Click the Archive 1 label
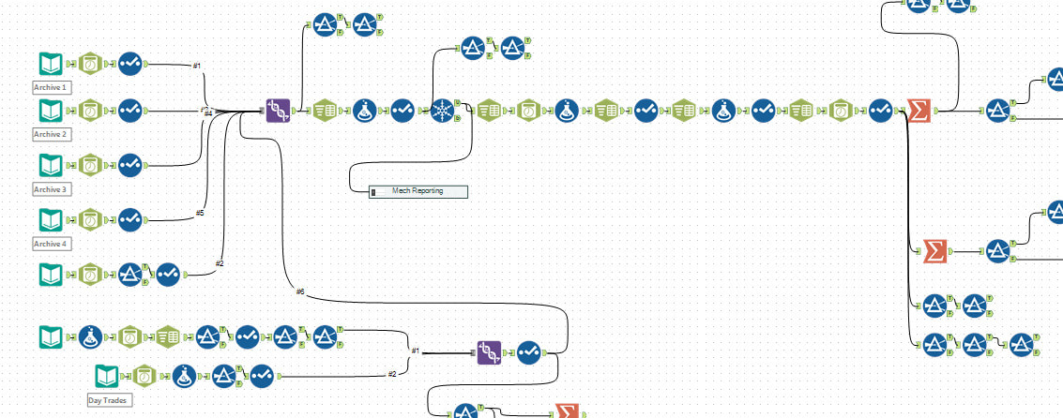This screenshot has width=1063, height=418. pyautogui.click(x=52, y=87)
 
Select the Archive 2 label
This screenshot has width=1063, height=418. pyautogui.click(x=52, y=134)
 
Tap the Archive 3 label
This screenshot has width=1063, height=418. pyautogui.click(x=52, y=189)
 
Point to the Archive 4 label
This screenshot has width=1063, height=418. pyautogui.click(x=52, y=244)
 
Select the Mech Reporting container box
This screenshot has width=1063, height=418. pyautogui.click(x=417, y=191)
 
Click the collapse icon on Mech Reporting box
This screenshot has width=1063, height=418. pyautogui.click(x=373, y=191)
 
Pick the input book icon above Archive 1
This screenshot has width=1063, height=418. pyautogui.click(x=50, y=64)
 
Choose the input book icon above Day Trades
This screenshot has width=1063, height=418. pyautogui.click(x=107, y=376)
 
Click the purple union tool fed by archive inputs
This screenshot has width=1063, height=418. pyautogui.click(x=278, y=111)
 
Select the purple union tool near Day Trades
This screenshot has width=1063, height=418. pyautogui.click(x=488, y=352)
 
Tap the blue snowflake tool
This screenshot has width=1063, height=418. pyautogui.click(x=442, y=111)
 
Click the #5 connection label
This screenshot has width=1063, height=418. pyautogui.click(x=199, y=213)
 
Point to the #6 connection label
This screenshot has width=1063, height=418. pyautogui.click(x=300, y=291)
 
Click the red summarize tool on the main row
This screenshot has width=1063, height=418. pyautogui.click(x=920, y=111)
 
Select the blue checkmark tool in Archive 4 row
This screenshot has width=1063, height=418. pyautogui.click(x=129, y=220)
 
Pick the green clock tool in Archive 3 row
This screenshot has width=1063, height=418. pyautogui.click(x=90, y=165)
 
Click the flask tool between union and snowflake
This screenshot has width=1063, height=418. pyautogui.click(x=365, y=111)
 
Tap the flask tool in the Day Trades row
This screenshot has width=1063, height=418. pyautogui.click(x=184, y=376)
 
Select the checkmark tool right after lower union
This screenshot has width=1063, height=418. pyautogui.click(x=528, y=352)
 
